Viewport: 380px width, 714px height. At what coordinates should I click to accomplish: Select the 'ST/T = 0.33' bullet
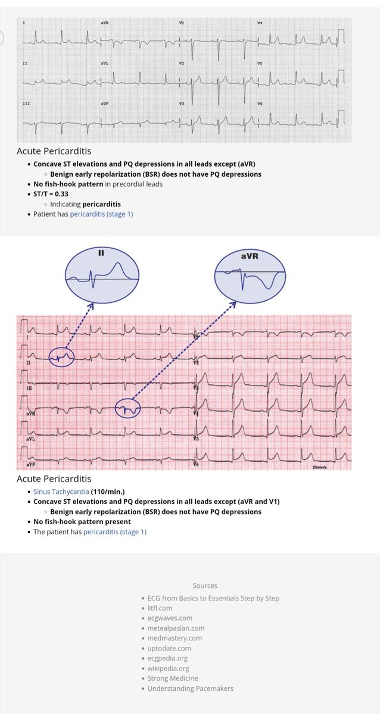[x=53, y=194]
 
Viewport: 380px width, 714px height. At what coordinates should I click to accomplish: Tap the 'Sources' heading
[x=205, y=585]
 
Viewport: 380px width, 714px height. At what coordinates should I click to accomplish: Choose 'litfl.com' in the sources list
[x=160, y=608]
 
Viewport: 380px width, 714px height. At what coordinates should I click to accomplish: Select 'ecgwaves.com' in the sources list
[x=170, y=618]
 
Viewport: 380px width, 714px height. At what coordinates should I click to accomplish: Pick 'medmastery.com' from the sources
[x=175, y=638]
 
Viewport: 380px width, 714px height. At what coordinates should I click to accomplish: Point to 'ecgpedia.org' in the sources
[x=167, y=658]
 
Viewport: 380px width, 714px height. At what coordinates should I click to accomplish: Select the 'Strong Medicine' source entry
[x=173, y=678]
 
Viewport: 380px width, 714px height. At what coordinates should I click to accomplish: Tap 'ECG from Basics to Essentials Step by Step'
[x=213, y=598]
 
